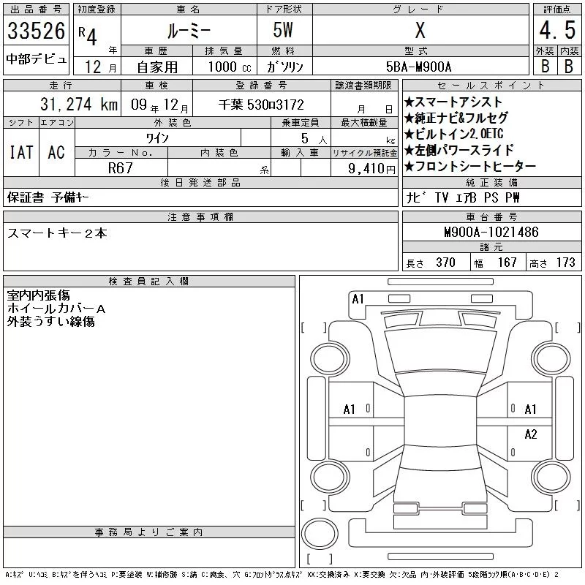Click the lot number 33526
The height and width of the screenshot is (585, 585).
click(36, 31)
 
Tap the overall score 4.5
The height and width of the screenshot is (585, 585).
click(557, 30)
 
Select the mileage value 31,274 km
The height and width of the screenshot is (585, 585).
click(79, 105)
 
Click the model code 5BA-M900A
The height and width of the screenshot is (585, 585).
click(418, 67)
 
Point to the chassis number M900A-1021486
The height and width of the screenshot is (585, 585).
click(491, 232)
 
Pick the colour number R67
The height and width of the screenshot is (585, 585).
click(120, 168)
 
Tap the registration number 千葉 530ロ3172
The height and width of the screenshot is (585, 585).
click(261, 105)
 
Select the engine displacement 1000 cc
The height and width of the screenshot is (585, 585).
click(230, 67)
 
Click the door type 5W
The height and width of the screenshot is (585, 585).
click(283, 30)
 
